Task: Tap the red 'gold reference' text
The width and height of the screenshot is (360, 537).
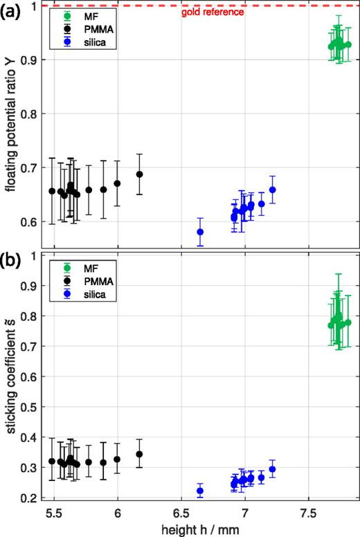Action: click(x=213, y=12)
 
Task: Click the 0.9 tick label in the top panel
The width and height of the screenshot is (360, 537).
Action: click(x=28, y=60)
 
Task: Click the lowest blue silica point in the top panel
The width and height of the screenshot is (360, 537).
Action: click(x=200, y=232)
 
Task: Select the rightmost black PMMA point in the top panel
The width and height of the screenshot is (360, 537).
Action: click(x=139, y=174)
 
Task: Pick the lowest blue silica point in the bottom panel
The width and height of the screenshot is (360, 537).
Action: click(x=200, y=491)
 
